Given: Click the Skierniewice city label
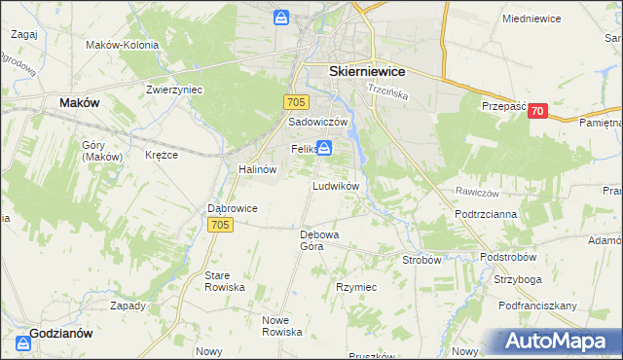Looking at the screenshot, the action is coord(367,71).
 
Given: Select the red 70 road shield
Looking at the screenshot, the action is coord(536,112).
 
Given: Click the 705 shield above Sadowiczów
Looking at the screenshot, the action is coord(297,102).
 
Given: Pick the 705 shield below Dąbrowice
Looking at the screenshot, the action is coord(220,225).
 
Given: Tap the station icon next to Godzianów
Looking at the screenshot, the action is coord(23,343).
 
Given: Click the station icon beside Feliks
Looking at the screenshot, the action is coord(324,149).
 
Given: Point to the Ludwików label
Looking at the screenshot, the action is coord(337,185).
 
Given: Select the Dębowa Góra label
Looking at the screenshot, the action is coord(318,239).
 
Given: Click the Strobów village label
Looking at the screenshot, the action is coord(422,260).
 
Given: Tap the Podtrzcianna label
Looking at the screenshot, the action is coord(485,213).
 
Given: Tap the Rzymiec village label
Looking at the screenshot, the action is coord(356,288).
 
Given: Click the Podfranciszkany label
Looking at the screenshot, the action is coord(537,306).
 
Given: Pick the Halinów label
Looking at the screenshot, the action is coord(258,168).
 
